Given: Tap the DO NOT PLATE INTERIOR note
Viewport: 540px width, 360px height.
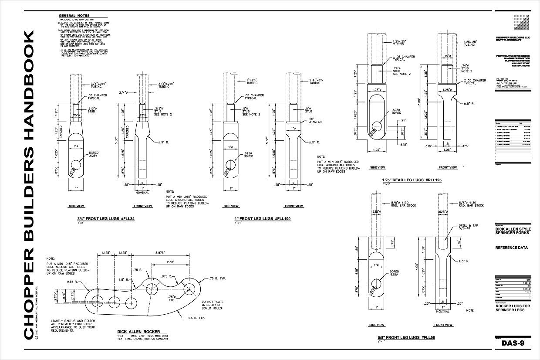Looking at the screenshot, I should (212, 305).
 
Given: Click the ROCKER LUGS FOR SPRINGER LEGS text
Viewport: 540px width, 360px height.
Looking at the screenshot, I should (511, 308).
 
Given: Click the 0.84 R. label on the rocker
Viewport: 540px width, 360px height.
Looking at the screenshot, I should (73, 282).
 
